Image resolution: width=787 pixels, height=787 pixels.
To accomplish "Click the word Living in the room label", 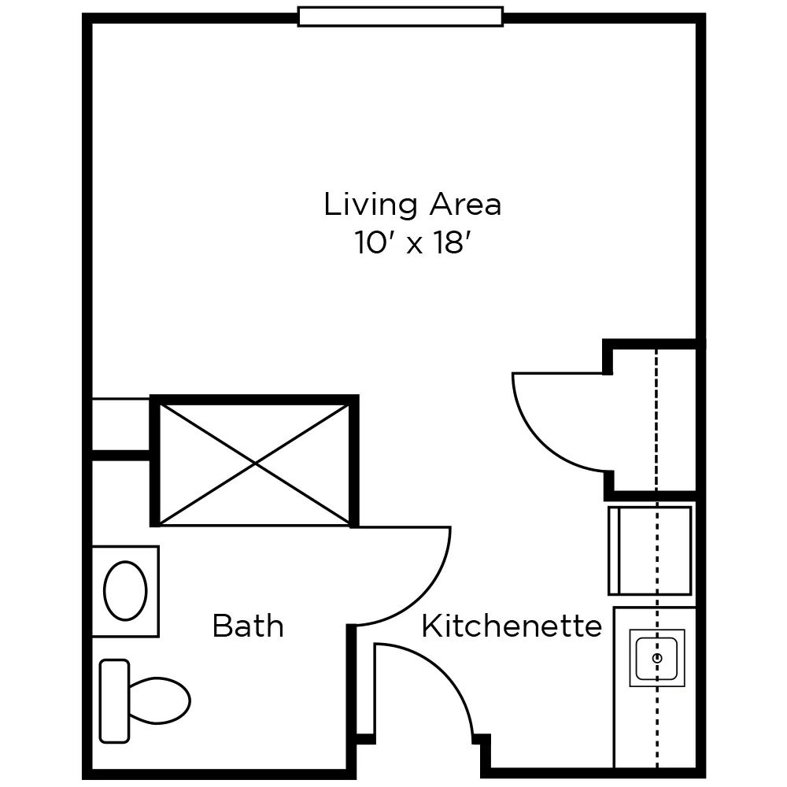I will pyautogui.click(x=371, y=205).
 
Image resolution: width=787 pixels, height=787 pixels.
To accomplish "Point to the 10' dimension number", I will pyautogui.click(x=374, y=243).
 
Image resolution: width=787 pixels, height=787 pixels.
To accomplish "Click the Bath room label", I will pyautogui.click(x=248, y=627).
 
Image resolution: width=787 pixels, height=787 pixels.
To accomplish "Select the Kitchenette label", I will pyautogui.click(x=512, y=627).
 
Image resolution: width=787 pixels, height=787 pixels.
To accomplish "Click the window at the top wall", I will pyautogui.click(x=400, y=17).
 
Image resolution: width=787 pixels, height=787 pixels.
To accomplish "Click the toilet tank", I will pyautogui.click(x=115, y=700).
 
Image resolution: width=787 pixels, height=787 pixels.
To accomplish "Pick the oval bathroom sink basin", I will pyautogui.click(x=126, y=590).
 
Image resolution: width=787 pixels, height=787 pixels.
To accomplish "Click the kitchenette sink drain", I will pyautogui.click(x=657, y=656).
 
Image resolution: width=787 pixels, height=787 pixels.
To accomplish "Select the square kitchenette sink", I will pyautogui.click(x=656, y=657).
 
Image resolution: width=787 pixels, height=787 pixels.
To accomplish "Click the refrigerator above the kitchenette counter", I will pyautogui.click(x=650, y=550).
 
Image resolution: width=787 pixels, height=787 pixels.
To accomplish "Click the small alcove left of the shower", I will pyautogui.click(x=121, y=425).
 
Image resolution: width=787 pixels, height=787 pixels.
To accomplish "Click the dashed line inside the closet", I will pyautogui.click(x=656, y=417).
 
